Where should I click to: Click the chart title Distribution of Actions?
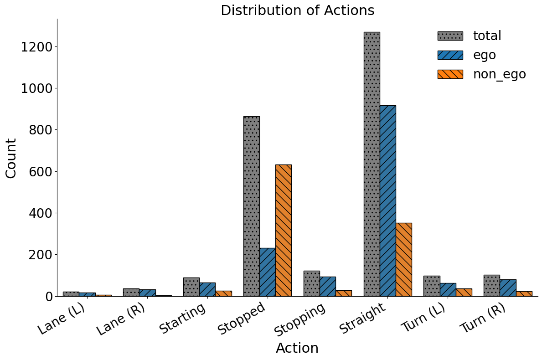tap(297, 10)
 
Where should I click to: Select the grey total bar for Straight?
tap(372, 164)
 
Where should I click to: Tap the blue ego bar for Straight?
tap(387, 201)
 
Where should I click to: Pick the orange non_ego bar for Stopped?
tap(284, 230)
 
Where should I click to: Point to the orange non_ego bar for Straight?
tap(404, 259)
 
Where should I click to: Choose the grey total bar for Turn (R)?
tap(491, 285)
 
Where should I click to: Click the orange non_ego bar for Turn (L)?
tap(464, 292)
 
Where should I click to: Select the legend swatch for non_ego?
tap(450, 74)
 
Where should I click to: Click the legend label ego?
tap(484, 55)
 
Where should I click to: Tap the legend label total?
tap(487, 36)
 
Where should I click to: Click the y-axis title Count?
tap(11, 158)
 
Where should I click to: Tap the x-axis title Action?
tap(297, 348)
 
